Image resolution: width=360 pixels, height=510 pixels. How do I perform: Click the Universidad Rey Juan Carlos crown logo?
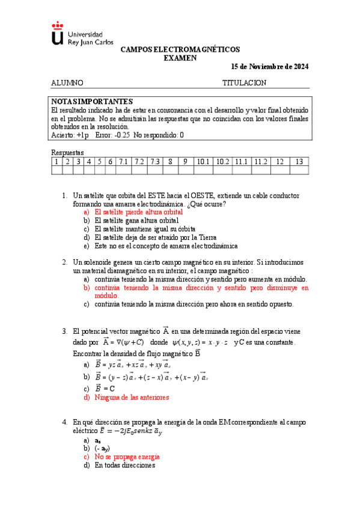point(57,34)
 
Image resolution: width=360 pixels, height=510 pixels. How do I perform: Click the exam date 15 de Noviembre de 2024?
point(270,66)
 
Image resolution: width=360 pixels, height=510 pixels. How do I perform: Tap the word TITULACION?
point(244,83)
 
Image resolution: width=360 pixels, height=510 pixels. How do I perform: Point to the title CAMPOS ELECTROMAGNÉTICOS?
point(180,49)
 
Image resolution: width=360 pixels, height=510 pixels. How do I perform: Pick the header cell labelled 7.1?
point(124,162)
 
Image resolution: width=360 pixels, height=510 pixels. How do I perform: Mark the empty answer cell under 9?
point(186,170)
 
